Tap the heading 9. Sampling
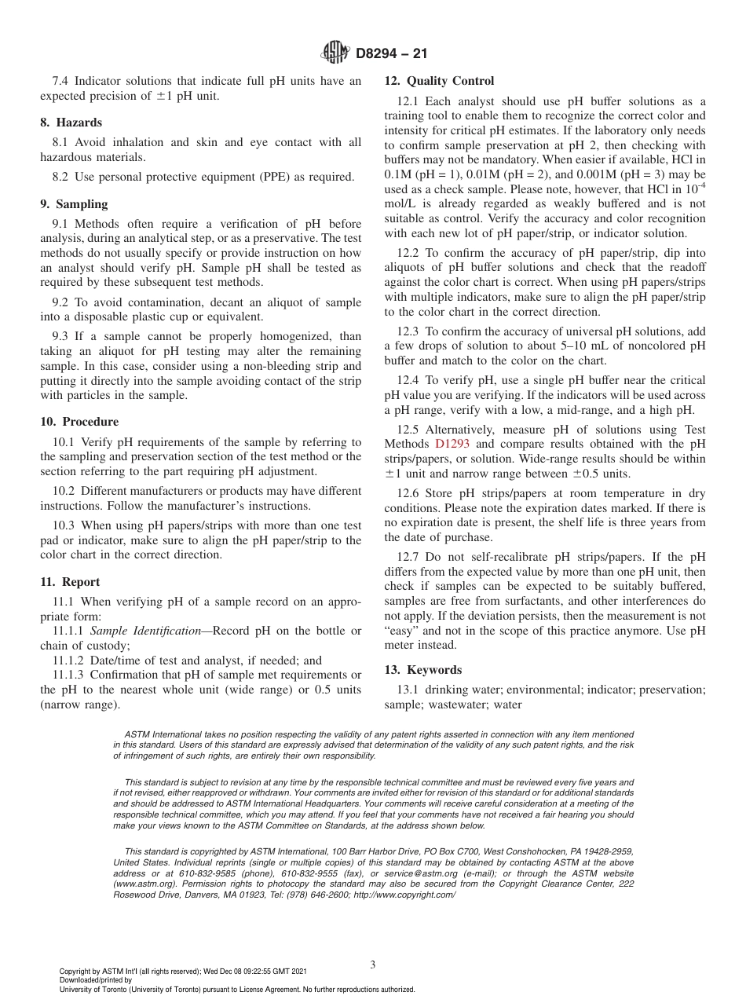[x=73, y=204]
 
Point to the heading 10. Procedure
[x=79, y=422]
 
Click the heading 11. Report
[x=70, y=582]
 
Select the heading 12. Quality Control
[x=439, y=81]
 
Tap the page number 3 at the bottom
[x=373, y=964]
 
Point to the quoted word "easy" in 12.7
[x=400, y=631]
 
